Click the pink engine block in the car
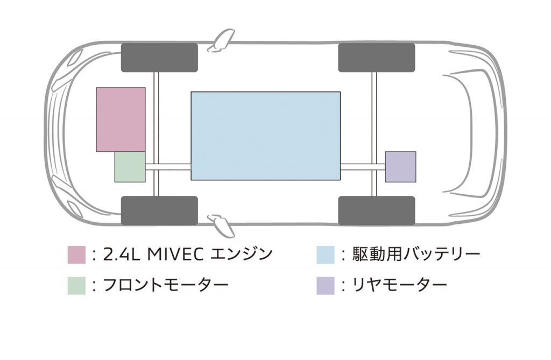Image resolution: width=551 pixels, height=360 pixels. [x=121, y=119]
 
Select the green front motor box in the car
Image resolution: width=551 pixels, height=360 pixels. [x=130, y=167]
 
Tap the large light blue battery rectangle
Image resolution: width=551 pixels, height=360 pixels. [x=266, y=136]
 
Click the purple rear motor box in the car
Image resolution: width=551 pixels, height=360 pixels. [x=400, y=167]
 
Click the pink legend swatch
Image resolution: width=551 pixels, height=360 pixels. [x=76, y=255]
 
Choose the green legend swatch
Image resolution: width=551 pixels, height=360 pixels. [x=76, y=285]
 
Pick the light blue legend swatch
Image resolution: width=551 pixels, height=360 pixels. [x=326, y=255]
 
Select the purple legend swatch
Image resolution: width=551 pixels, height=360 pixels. [x=326, y=285]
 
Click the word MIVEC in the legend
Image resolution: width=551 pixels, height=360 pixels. [x=175, y=255]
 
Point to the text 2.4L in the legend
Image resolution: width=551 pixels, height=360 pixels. [x=122, y=255]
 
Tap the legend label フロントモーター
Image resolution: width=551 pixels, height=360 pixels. [x=166, y=285]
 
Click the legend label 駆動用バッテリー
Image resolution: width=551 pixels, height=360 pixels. [x=416, y=254]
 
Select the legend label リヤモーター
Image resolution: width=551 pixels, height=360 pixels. [x=400, y=285]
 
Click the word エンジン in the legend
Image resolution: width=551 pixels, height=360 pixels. [x=242, y=255]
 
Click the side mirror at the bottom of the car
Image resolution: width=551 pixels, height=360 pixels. [x=221, y=225]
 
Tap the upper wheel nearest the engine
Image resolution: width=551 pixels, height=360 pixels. [x=159, y=58]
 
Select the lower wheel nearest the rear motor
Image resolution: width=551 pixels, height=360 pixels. [x=377, y=210]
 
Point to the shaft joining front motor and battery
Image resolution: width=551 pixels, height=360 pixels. [x=168, y=167]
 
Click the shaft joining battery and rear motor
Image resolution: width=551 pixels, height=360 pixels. [x=363, y=167]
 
